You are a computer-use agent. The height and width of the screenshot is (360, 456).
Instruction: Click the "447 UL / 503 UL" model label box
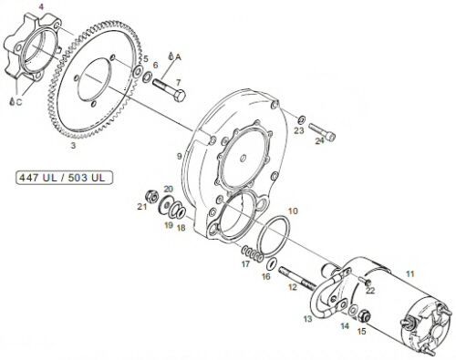coord(64,178)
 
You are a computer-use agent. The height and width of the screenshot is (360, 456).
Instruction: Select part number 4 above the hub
coord(41,6)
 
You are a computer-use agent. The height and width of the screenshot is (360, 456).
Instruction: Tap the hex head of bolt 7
coord(180,96)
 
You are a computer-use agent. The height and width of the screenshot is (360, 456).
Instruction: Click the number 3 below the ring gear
coord(73,146)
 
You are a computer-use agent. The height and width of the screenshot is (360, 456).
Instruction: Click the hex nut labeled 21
coord(151,196)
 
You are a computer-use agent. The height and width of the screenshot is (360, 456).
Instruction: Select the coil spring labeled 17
coord(253,254)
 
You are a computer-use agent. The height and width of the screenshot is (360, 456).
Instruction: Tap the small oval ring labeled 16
coord(272,263)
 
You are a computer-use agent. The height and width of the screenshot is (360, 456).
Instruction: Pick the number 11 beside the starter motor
coord(410,274)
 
